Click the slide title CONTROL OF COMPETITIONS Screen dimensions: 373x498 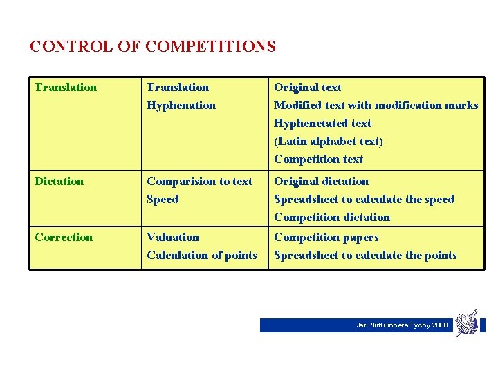click(x=153, y=47)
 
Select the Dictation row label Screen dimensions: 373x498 click(x=59, y=182)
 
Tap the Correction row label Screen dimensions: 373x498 click(x=64, y=238)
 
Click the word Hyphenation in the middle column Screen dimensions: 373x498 click(x=181, y=106)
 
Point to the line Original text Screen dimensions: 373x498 click(x=308, y=88)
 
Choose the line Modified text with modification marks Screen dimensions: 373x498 click(x=376, y=106)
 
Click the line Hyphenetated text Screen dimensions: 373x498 click(x=322, y=124)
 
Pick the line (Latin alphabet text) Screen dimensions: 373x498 click(x=328, y=142)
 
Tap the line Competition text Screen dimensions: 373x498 click(x=318, y=160)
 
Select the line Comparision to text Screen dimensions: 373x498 click(x=199, y=182)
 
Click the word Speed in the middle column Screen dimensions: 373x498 click(x=163, y=200)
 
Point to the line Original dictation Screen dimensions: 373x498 click(x=321, y=182)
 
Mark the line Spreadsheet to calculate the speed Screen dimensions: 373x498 click(x=364, y=200)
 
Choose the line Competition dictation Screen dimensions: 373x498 click(x=331, y=218)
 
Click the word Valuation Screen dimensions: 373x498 click(x=173, y=238)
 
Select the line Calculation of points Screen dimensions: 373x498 click(x=201, y=256)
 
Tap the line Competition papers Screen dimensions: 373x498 click(x=326, y=238)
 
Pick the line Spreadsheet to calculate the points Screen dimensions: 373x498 click(x=365, y=256)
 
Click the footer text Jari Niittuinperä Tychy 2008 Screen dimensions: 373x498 click(x=402, y=325)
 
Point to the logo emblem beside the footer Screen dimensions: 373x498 click(x=467, y=323)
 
